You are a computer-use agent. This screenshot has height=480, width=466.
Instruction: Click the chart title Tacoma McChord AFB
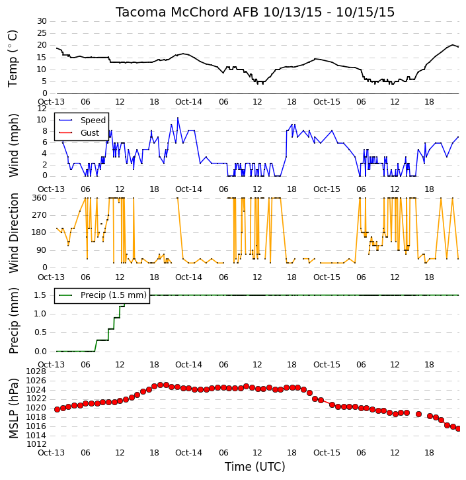186,12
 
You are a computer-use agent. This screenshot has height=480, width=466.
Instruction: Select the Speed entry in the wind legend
93,120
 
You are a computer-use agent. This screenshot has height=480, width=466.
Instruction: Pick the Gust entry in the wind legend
90,133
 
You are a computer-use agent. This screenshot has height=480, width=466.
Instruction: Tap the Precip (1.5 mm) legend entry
114,295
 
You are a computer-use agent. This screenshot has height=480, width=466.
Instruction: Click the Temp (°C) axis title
13,58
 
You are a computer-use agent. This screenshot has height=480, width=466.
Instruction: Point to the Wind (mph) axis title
13,145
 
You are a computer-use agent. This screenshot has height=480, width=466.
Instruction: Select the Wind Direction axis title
14,232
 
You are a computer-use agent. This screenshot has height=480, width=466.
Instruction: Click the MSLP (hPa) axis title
13,408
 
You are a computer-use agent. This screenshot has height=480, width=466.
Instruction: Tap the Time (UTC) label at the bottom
255,467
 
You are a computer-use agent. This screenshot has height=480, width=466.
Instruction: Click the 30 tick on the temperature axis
42,21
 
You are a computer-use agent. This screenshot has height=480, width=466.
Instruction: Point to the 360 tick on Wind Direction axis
40,198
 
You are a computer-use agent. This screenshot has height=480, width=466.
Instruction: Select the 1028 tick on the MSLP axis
36,371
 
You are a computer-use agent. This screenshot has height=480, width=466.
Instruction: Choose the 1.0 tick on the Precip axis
40,314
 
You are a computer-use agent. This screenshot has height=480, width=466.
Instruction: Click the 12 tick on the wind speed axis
42,109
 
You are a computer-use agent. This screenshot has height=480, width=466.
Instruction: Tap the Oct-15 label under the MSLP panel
327,452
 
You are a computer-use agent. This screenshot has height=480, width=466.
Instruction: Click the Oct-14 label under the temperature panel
188,102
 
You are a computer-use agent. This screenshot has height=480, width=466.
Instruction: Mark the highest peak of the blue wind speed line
178,118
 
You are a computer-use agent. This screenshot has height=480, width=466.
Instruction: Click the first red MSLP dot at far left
57,409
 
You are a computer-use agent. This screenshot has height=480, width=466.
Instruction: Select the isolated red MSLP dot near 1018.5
418,414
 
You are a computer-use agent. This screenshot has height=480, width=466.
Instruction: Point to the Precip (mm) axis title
13,320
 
